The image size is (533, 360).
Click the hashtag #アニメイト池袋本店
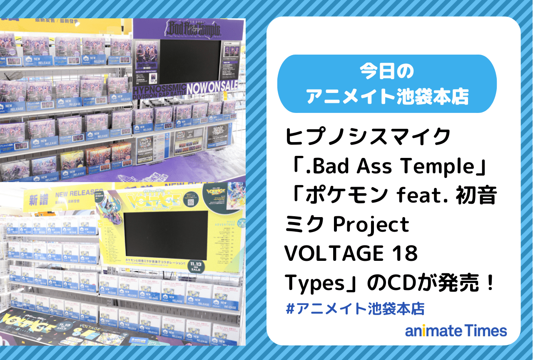(356, 309)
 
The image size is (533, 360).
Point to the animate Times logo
(456, 331)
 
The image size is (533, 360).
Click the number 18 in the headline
(405, 254)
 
